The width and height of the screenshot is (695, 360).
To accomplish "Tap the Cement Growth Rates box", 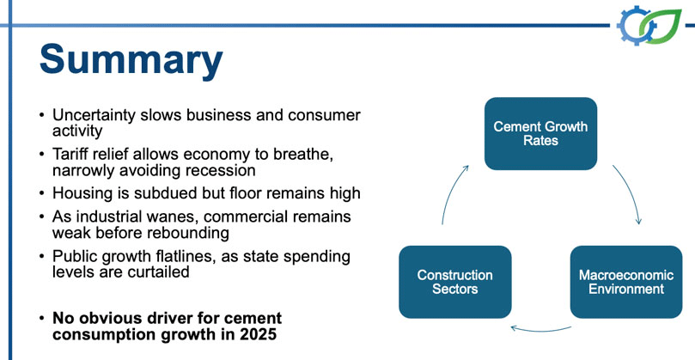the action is point(540,133).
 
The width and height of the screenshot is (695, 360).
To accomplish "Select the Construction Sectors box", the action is point(455,282).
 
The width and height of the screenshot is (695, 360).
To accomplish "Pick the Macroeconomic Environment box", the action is point(626,282).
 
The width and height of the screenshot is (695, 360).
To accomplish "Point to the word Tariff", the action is point(67,155).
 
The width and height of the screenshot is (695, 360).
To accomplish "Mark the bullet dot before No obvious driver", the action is point(41,319).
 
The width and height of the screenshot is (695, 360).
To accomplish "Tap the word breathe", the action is point(303,155).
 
